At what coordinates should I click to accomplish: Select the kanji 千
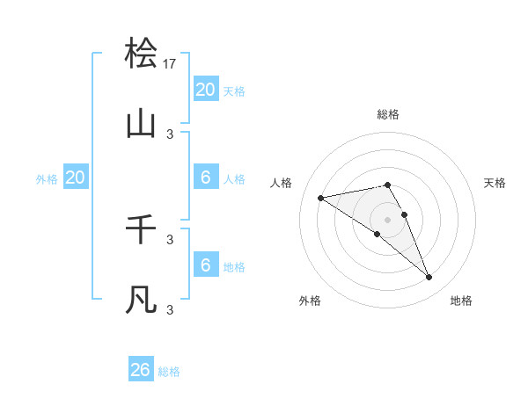point(142,229)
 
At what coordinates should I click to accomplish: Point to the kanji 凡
point(142,300)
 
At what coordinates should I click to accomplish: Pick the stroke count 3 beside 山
point(170,134)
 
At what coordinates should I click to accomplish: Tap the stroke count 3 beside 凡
point(170,309)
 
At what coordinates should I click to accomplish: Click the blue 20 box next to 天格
point(206,90)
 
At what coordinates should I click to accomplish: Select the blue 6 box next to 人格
point(206,178)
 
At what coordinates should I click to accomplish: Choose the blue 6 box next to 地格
point(206,265)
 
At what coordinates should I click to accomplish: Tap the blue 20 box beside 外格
point(76,178)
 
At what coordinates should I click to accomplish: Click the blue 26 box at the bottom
point(141,370)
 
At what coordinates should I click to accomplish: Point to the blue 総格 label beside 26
point(169,372)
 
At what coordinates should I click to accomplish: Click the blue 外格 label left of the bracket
point(47,179)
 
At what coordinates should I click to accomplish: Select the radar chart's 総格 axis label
point(388,114)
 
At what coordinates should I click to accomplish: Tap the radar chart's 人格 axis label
point(282,183)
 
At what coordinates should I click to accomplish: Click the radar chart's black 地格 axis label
point(461,301)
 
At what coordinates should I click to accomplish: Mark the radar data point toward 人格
point(321,198)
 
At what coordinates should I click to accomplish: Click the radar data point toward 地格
point(429,278)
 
